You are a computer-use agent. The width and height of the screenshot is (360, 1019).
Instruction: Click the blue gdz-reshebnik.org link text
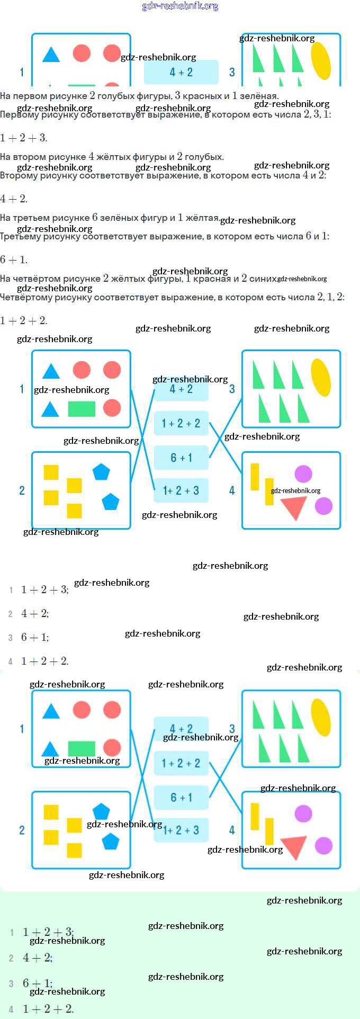point(180,6)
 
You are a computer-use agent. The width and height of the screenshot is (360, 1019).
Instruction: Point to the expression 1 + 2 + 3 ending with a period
point(24,138)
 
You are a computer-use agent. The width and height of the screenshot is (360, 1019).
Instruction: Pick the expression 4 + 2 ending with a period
point(14,199)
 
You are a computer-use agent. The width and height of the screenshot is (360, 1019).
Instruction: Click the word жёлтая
point(202,218)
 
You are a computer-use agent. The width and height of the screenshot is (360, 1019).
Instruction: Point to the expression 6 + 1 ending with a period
point(14,260)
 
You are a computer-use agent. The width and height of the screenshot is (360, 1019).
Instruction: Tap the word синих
point(263,279)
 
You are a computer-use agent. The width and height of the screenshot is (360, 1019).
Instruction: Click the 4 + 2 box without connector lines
point(181,72)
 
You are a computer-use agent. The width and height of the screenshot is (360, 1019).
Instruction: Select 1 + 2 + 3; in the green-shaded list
point(48,932)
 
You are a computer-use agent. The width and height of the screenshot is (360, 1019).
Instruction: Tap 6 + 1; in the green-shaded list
point(37,983)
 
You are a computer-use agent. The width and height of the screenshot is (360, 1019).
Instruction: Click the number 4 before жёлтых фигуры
point(92,157)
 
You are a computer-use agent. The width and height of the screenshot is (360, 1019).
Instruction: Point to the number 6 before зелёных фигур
point(95,218)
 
